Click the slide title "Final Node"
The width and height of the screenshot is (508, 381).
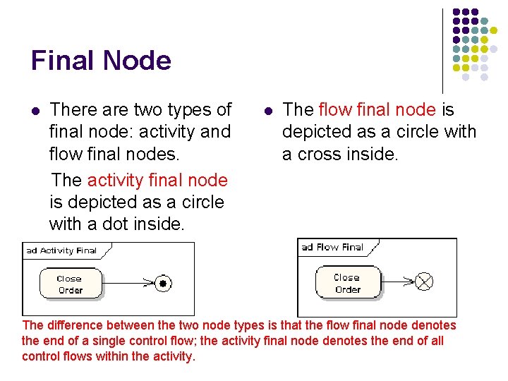coord(101,61)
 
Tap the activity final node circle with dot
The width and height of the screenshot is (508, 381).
coord(163,284)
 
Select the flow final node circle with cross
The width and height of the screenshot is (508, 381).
coord(424,282)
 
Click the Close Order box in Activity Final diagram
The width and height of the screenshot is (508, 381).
coord(70,284)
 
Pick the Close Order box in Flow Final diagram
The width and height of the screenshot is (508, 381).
coord(347,283)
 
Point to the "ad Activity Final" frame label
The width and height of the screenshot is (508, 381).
coord(61,250)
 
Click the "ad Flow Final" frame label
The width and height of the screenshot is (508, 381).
coord(332,247)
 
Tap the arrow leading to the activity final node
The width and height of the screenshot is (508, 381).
coord(127,284)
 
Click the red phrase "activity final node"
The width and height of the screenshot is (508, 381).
coord(157,181)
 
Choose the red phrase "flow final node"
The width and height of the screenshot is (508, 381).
coord(377,110)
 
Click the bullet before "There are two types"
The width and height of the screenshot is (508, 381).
coord(35,111)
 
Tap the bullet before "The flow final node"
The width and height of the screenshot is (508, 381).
coord(267,111)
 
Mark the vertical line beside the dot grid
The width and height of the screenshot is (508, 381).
coord(442,49)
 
